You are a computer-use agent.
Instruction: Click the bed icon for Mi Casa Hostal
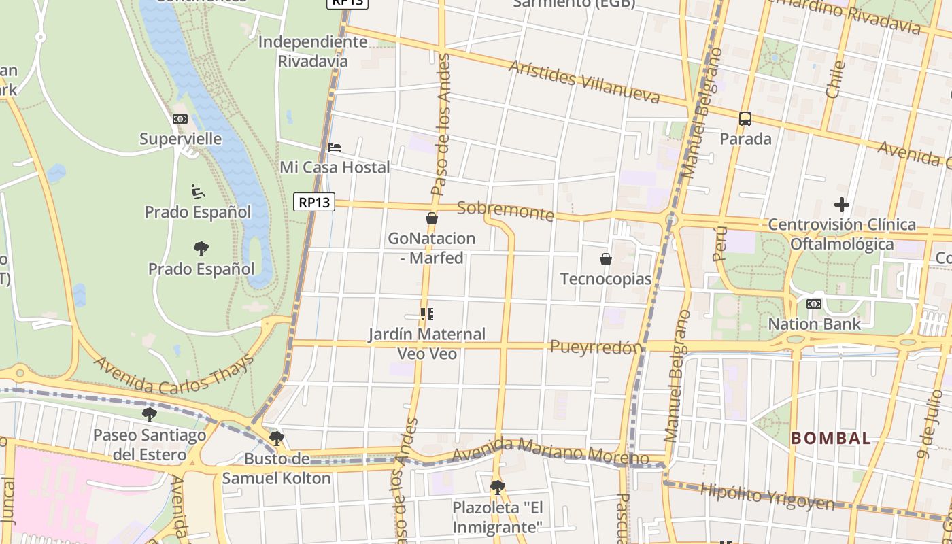tap(335, 147)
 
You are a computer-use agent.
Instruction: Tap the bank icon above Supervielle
tap(180, 119)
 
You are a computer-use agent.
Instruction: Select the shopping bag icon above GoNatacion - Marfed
tap(431, 218)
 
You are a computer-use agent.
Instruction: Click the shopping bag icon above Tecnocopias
tap(606, 259)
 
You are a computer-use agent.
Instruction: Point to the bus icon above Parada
tap(745, 119)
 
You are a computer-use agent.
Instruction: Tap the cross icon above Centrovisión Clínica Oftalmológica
tap(842, 205)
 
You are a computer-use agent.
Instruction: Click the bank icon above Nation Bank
tap(814, 304)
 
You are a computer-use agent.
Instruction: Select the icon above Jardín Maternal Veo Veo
tap(427, 314)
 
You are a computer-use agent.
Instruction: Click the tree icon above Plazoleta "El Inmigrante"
tap(498, 487)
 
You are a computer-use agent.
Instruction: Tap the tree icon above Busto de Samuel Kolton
tap(276, 439)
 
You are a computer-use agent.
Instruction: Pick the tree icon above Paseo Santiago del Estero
tap(150, 414)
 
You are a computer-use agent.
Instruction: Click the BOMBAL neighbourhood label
tap(830, 439)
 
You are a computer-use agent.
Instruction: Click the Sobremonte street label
tap(505, 210)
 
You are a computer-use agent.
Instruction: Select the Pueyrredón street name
tap(596, 347)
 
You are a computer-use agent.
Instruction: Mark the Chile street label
tap(835, 78)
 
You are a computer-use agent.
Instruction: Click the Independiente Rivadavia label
tap(313, 51)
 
